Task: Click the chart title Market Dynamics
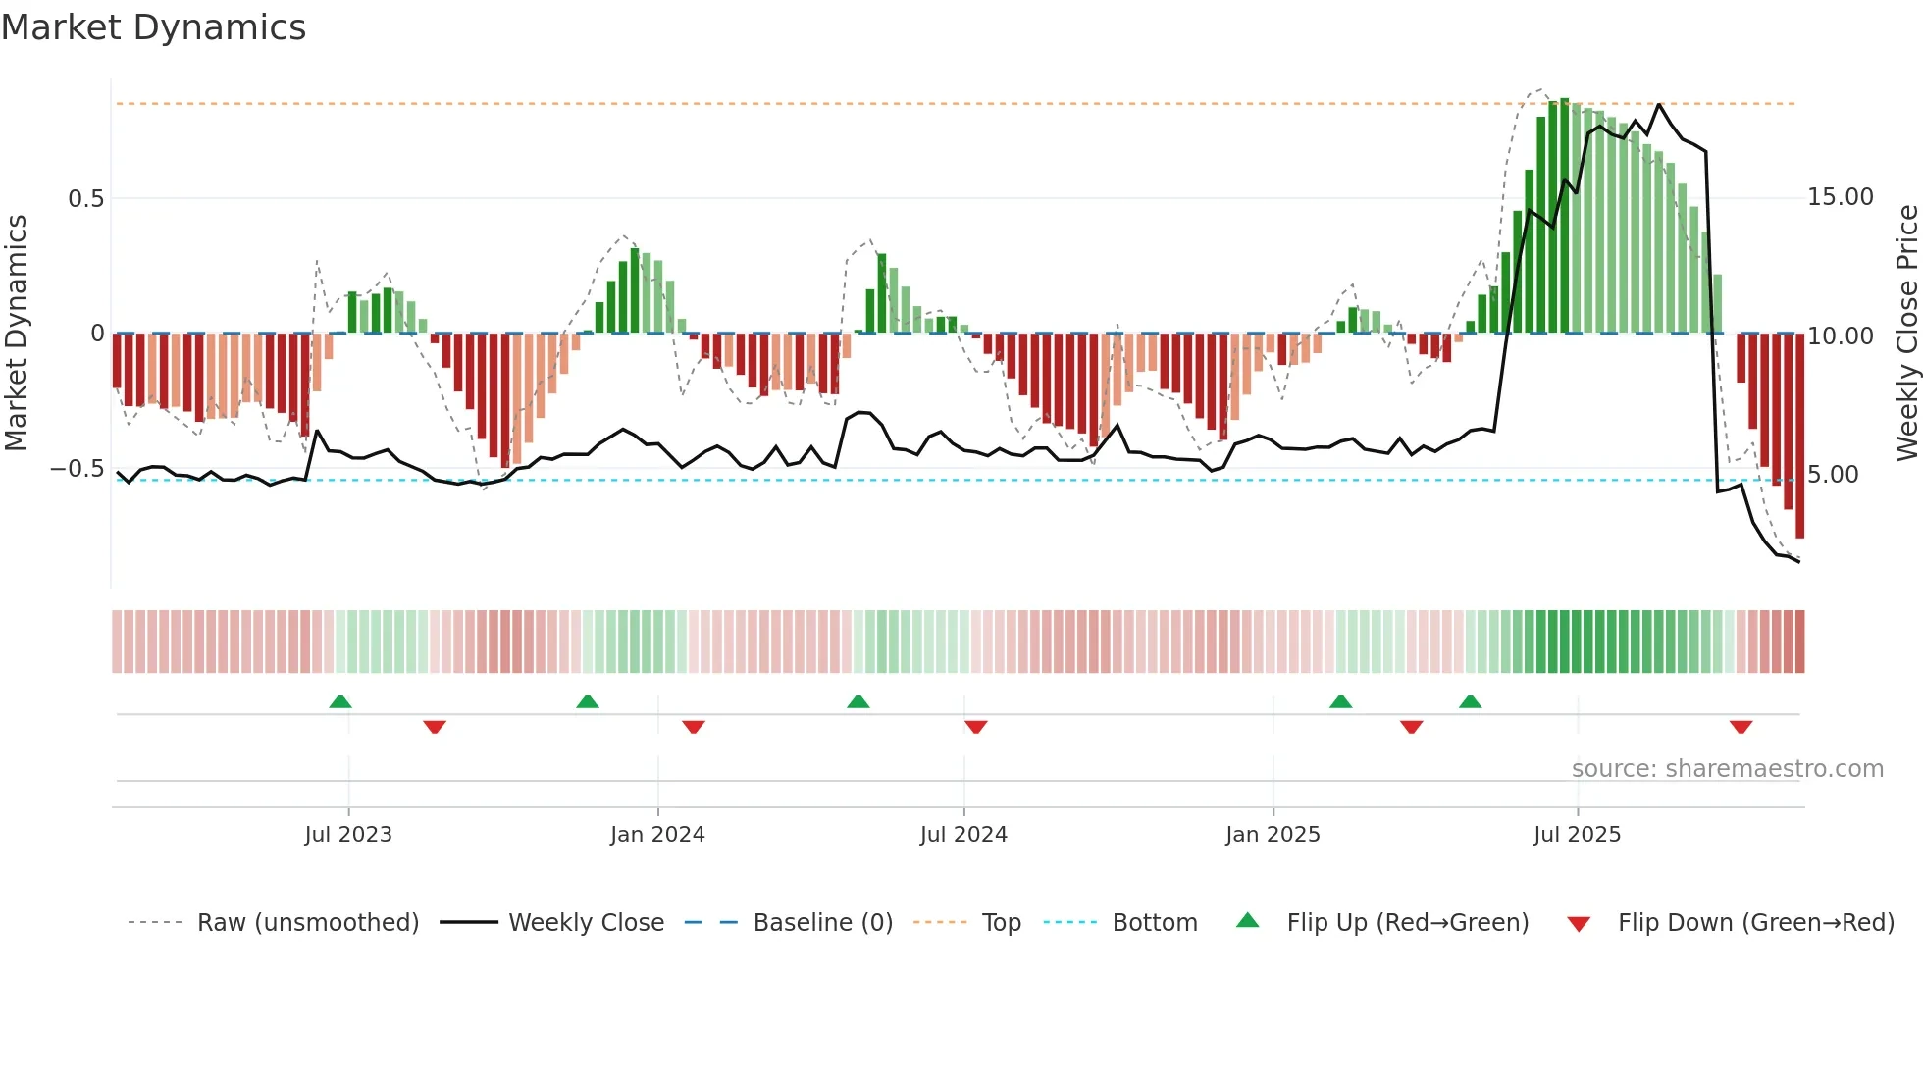click(153, 27)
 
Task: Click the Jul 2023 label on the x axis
click(347, 835)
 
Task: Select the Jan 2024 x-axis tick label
click(657, 835)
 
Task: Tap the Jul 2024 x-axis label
click(963, 835)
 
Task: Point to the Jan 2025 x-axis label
click(1273, 835)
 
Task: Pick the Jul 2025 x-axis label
click(1577, 835)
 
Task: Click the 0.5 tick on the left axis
click(85, 199)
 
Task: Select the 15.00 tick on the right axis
click(1841, 197)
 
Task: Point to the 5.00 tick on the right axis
click(1833, 475)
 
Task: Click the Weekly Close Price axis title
click(1906, 334)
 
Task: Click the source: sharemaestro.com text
click(1727, 769)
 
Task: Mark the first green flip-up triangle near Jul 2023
click(340, 702)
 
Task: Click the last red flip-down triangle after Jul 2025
click(1741, 727)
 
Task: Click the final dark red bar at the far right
click(1799, 437)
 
